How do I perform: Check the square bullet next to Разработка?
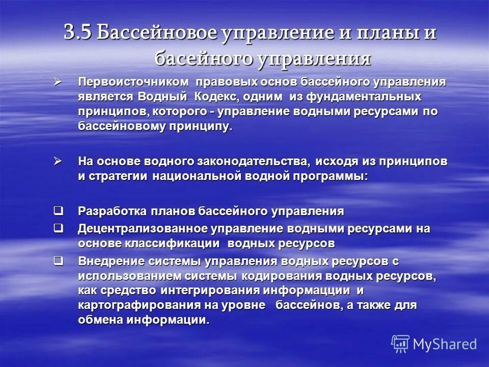click(59, 210)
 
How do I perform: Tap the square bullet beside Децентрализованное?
click(59, 228)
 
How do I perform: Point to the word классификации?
click(172, 244)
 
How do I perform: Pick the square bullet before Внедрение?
click(59, 260)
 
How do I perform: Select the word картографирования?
click(134, 305)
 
